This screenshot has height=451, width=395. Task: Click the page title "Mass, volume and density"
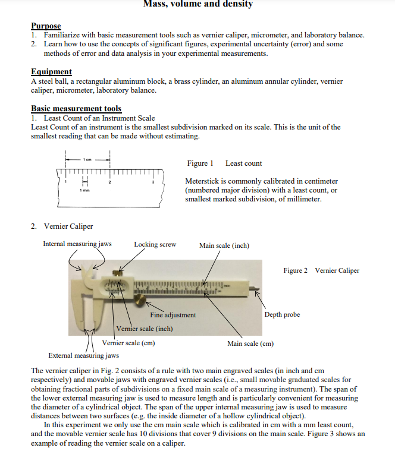click(198, 4)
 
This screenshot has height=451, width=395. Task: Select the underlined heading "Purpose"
click(46, 26)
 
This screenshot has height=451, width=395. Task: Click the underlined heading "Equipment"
click(51, 72)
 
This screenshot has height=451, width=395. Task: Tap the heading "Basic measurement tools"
click(76, 109)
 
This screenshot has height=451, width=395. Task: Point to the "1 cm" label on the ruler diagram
click(87, 159)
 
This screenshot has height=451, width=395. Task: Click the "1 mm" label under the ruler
click(84, 190)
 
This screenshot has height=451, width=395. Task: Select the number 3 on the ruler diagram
click(153, 182)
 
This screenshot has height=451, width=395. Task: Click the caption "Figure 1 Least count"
click(224, 163)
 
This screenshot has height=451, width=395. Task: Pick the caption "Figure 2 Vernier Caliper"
click(321, 270)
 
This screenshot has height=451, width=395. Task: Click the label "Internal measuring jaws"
click(77, 244)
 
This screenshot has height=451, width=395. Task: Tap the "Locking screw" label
click(155, 244)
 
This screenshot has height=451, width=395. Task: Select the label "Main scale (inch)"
click(224, 245)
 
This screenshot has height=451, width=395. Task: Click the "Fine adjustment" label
click(173, 315)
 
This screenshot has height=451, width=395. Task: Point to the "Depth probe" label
click(282, 314)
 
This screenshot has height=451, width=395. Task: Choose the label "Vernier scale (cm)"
click(130, 343)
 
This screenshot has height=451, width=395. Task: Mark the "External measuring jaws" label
click(83, 355)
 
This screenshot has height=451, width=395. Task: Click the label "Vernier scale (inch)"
click(145, 329)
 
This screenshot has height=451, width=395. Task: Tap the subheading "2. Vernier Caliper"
click(62, 226)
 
